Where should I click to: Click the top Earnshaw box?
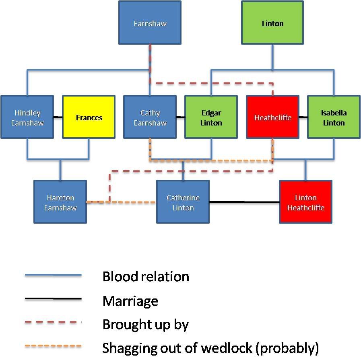point(150,23)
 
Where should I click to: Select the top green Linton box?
point(272,23)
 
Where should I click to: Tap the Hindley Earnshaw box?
point(27,117)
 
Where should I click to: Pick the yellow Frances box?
point(89,117)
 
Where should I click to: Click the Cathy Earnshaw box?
point(150,117)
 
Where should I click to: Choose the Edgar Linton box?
point(211,117)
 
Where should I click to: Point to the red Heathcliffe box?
point(272,117)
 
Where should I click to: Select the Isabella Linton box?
point(334,117)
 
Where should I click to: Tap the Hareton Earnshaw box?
point(60,202)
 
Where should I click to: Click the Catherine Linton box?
point(183,202)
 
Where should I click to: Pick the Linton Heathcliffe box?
point(306,202)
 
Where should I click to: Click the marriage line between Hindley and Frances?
point(58,117)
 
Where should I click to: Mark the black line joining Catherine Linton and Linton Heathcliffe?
point(244,202)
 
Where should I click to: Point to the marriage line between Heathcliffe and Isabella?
point(303,117)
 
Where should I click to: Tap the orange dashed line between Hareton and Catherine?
point(121,202)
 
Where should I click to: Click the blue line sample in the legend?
point(53,275)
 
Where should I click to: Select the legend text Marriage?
point(130,301)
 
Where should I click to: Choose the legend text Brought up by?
point(146,324)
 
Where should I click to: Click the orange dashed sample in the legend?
point(53,346)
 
